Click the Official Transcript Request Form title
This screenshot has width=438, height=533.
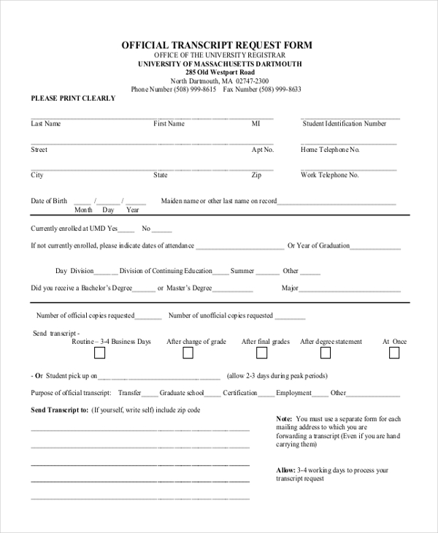216,45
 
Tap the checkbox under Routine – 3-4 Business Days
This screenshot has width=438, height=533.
99,353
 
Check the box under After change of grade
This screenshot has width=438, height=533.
188,353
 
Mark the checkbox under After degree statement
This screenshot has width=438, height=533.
326,353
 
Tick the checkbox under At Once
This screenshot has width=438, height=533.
394,353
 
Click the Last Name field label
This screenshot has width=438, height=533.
45,124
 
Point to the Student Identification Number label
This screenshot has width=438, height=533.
345,124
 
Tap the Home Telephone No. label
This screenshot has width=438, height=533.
330,150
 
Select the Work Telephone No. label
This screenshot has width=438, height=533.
329,175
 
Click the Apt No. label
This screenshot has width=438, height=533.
262,150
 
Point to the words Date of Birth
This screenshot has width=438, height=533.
49,201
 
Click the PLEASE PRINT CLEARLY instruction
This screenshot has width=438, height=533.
73,99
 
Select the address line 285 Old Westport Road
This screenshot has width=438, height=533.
220,72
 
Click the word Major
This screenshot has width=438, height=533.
290,288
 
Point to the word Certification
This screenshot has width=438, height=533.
239,393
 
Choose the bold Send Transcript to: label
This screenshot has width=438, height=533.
59,410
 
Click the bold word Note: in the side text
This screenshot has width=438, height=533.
284,419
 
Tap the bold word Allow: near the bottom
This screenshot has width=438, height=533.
286,470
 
